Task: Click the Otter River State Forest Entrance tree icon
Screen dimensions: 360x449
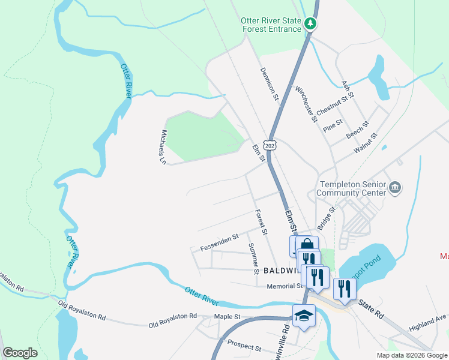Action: [310, 24]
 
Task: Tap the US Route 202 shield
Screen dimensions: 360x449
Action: [271, 146]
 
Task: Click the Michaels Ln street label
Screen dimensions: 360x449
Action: [163, 147]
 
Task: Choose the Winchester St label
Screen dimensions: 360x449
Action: [306, 104]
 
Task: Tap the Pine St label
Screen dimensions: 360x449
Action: [333, 125]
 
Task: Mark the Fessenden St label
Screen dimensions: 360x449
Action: [220, 241]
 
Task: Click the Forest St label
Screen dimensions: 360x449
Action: [261, 222]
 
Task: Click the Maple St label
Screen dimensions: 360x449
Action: [227, 316]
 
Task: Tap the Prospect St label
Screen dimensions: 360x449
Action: [244, 348]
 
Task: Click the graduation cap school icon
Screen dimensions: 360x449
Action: [304, 316]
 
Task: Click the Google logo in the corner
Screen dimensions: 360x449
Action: [20, 353]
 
